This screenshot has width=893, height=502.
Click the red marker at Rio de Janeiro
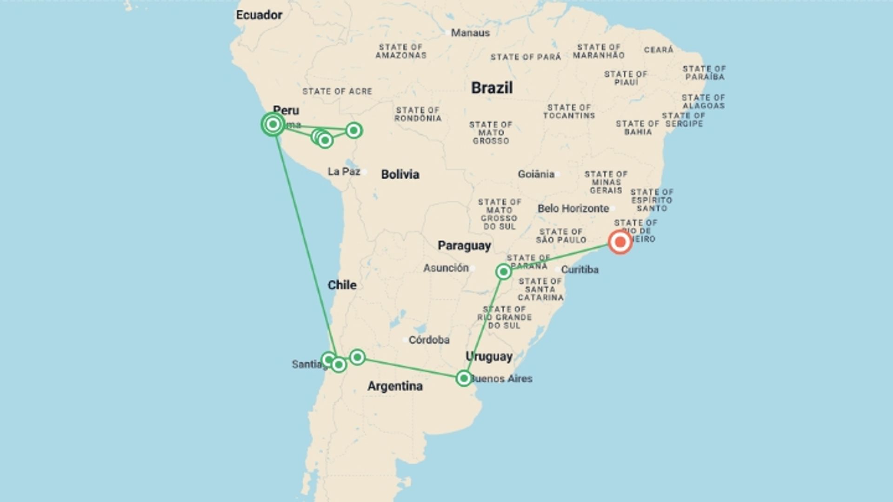pos(620,242)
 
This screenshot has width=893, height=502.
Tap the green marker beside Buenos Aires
pos(464,378)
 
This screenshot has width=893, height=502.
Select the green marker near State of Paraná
pos(504,271)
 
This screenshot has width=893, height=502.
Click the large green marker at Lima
pos(273,124)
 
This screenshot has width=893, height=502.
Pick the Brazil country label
pos(492,88)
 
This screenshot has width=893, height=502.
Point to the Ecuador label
pos(259,15)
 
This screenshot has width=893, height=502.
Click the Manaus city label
pos(470,33)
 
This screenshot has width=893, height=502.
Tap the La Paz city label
pos(344,172)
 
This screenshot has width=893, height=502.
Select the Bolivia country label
pos(400,174)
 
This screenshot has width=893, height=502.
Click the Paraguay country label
pos(464,245)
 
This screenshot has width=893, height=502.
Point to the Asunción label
pos(446,268)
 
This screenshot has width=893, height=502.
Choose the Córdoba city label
pos(429,340)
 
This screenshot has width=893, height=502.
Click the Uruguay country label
pos(489,357)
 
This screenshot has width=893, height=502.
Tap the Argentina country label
pos(395,386)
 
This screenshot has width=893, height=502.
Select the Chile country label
pos(342,285)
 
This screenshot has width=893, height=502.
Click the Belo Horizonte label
pos(573,208)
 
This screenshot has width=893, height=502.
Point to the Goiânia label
pos(536,174)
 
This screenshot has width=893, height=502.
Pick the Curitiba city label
pos(580,270)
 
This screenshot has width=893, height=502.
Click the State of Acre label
pos(337,92)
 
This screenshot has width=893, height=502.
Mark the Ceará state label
pos(659,50)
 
